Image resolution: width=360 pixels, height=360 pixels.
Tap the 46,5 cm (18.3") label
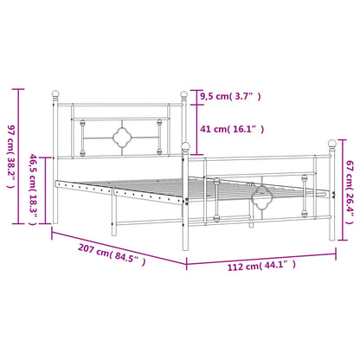click(33, 191)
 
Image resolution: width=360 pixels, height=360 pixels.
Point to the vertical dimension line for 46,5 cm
click(44, 190)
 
